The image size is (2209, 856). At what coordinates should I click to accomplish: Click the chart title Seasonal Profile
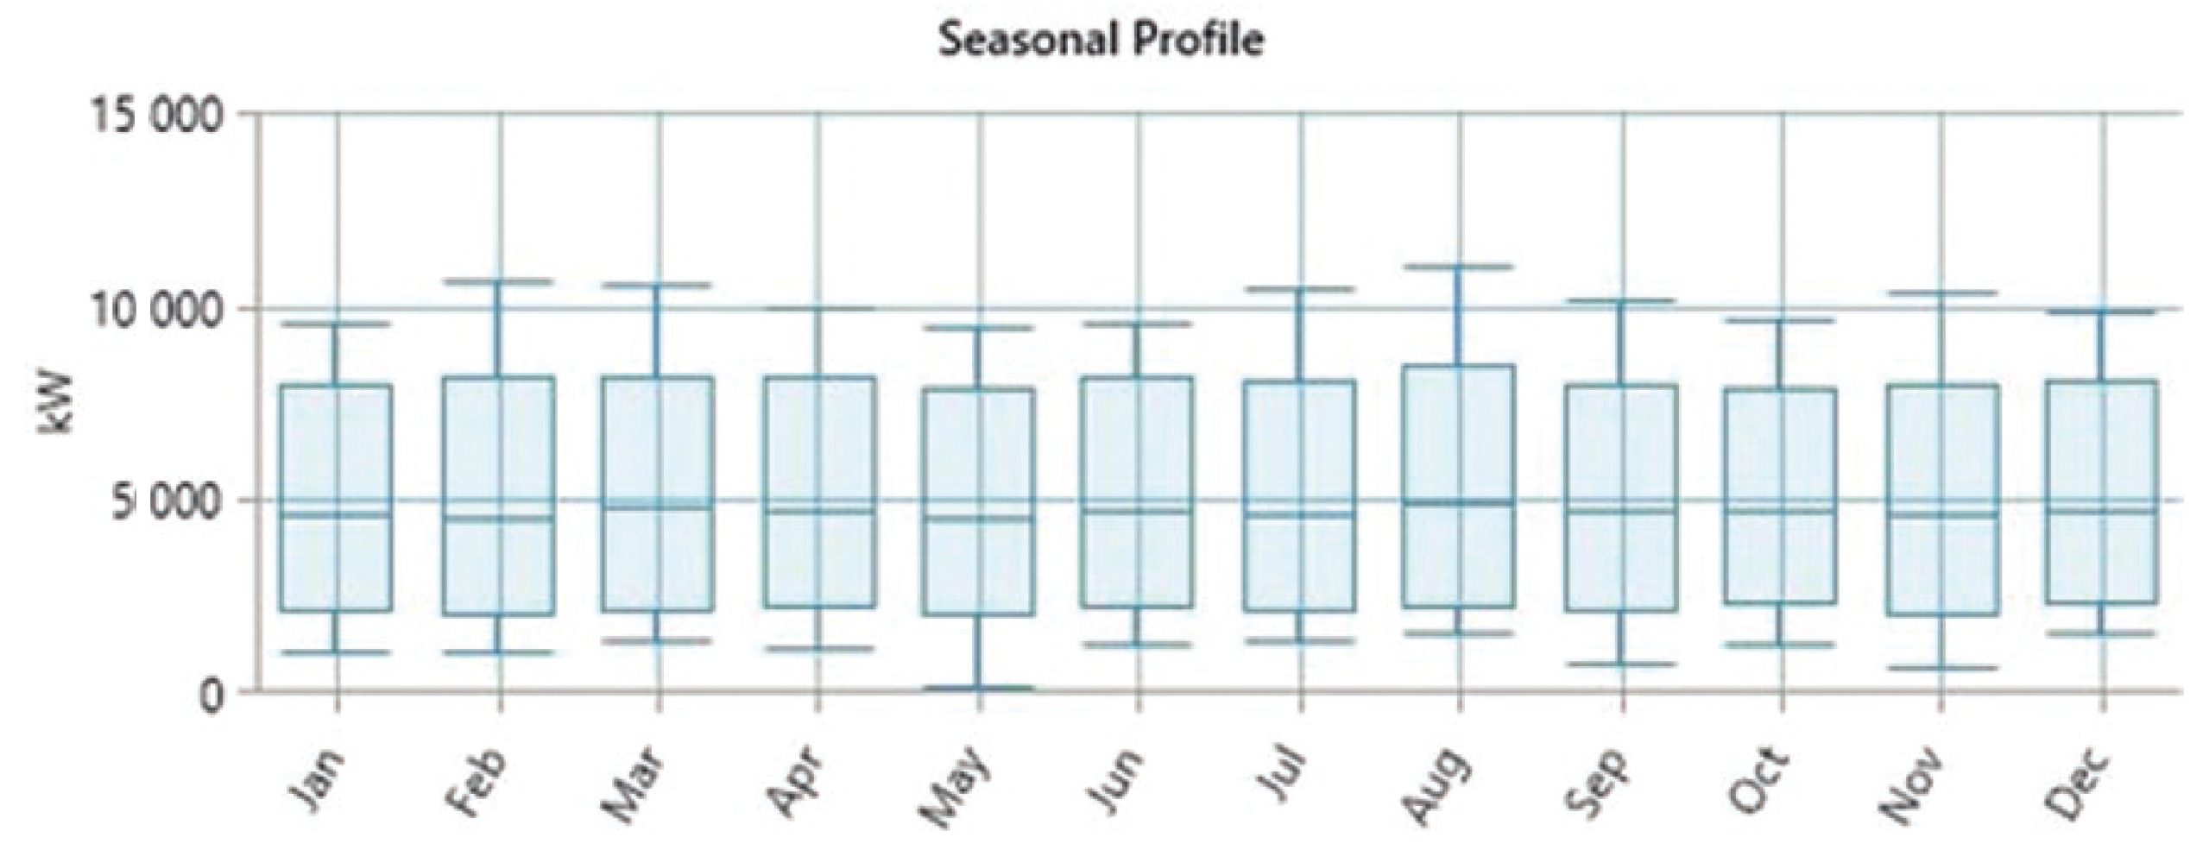click(1101, 41)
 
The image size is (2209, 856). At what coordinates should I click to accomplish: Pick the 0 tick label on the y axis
click(211, 694)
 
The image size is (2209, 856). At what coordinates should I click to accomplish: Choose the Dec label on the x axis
click(2080, 785)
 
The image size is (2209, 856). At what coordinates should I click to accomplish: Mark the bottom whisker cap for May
click(979, 688)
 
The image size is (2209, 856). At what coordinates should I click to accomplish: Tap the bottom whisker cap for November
click(1941, 668)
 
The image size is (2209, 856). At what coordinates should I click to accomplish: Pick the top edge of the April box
click(819, 377)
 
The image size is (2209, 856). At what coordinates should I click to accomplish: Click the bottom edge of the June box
click(1139, 607)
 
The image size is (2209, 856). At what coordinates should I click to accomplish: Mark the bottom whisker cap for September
click(1622, 664)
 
